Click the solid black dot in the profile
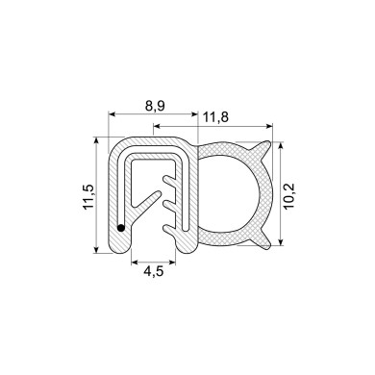tap(120, 228)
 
